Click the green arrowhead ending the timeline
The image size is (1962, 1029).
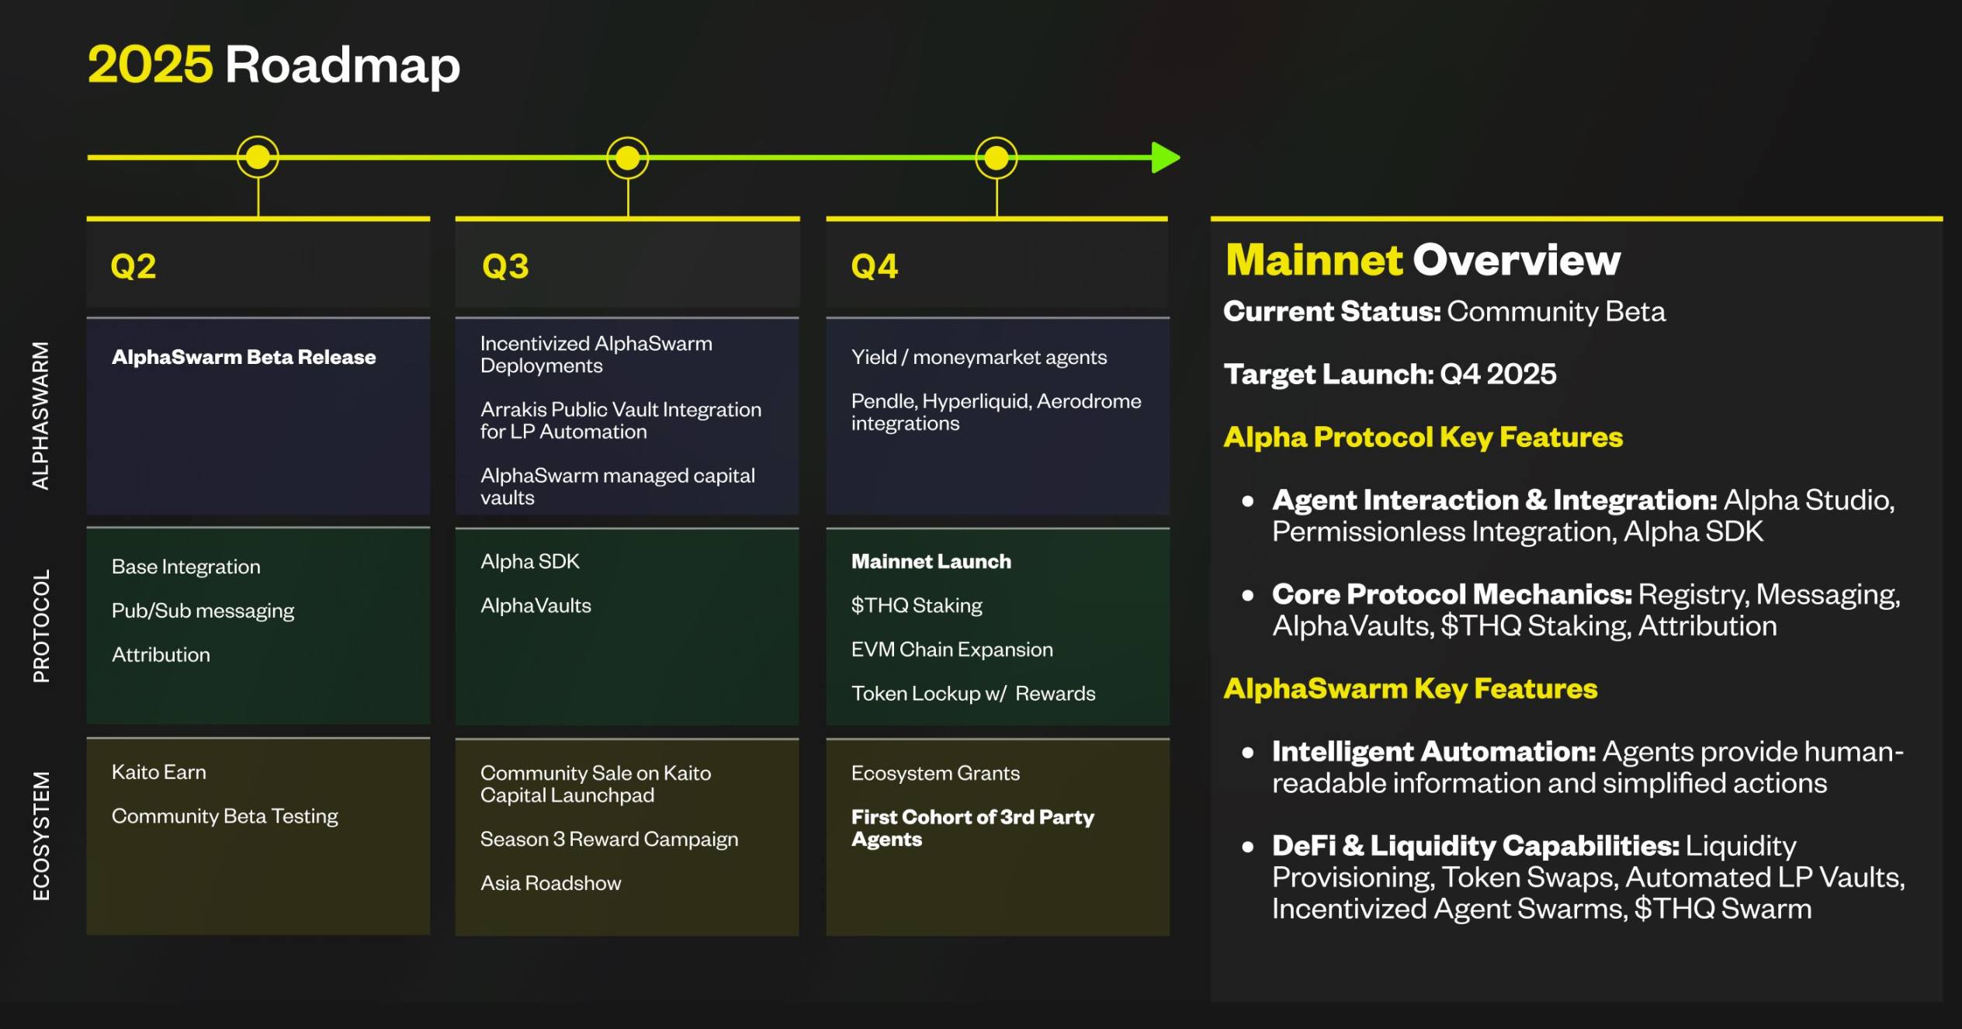[x=1166, y=158]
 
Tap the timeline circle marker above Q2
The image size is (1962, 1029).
[x=258, y=158]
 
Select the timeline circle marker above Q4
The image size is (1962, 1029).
[x=997, y=158]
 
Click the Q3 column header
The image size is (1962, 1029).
[x=505, y=266]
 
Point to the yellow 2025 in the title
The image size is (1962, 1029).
[x=150, y=64]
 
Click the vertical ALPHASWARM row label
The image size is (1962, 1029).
[x=40, y=415]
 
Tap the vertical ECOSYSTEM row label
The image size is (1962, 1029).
[x=41, y=836]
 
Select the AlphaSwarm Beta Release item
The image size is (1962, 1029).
[x=244, y=357]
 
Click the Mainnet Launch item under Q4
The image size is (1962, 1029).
[x=931, y=561]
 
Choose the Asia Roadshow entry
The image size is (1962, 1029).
[x=551, y=883]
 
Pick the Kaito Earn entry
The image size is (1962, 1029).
[x=159, y=772]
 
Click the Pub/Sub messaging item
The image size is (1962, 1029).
[x=203, y=611]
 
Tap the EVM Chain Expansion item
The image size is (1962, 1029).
[x=952, y=650]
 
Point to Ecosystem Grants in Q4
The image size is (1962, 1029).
[x=935, y=773]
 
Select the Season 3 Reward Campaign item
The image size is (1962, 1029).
[x=609, y=840]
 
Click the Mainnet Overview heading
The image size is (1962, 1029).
[x=1423, y=260]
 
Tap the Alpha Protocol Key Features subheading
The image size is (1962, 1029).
[x=1423, y=437]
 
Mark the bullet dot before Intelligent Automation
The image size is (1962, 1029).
[x=1248, y=752]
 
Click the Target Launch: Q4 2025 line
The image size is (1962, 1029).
[x=1390, y=374]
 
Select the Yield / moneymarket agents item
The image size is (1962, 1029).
[x=979, y=357]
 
